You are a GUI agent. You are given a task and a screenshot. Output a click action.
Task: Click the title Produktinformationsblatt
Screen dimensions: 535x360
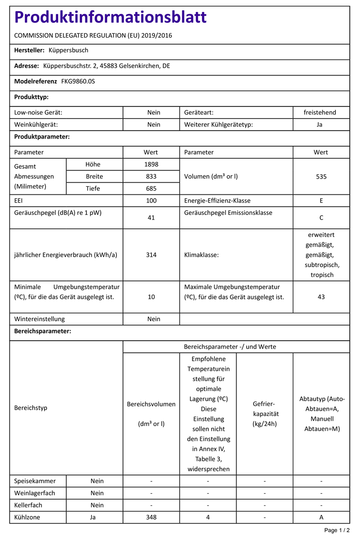pos(110,17)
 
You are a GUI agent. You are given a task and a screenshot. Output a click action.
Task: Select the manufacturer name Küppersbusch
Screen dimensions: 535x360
pos(69,50)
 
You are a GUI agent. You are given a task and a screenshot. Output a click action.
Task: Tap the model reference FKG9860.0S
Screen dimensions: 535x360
pos(78,82)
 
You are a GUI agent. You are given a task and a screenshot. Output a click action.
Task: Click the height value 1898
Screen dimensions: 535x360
pos(151,164)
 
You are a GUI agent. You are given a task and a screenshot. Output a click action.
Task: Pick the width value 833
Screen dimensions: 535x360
pos(151,176)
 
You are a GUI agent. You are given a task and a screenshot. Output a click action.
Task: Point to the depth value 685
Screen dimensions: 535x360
pos(151,189)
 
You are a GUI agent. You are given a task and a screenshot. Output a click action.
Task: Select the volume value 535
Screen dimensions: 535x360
pos(321,176)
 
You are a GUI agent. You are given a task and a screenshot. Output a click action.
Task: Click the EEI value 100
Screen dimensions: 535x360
pos(151,201)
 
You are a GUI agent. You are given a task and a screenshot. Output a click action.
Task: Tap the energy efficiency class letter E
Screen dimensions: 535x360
pos(321,201)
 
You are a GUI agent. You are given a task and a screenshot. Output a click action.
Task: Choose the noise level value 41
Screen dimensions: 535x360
pos(151,217)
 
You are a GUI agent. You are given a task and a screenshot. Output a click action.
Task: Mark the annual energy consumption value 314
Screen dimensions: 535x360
pos(151,255)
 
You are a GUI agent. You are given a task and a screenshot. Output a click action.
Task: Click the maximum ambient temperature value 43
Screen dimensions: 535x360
pos(321,297)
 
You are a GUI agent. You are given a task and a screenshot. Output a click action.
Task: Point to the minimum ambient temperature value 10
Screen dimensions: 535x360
pos(151,297)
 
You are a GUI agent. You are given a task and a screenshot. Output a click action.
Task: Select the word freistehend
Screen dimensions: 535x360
pos(320,112)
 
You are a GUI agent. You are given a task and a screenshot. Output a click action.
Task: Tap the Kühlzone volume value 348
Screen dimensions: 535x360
pos(151,517)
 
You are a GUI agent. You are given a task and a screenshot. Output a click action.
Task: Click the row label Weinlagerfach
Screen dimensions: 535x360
pos(35,493)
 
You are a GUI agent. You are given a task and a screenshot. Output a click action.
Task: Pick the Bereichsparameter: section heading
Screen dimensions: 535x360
pos(43,331)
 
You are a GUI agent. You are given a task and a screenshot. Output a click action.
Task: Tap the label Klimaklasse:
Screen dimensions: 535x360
pos(202,255)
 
